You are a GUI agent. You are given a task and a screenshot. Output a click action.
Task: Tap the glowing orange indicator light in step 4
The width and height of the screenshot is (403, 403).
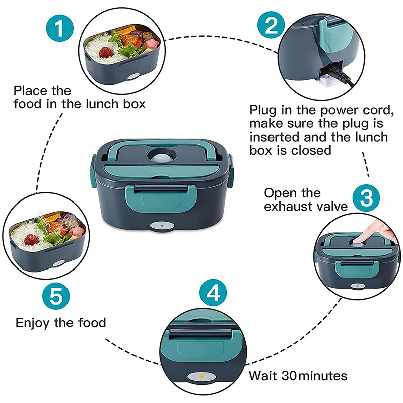coord(200,376)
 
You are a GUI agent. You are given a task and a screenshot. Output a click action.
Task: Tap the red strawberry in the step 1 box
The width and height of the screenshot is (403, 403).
coord(105,52)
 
